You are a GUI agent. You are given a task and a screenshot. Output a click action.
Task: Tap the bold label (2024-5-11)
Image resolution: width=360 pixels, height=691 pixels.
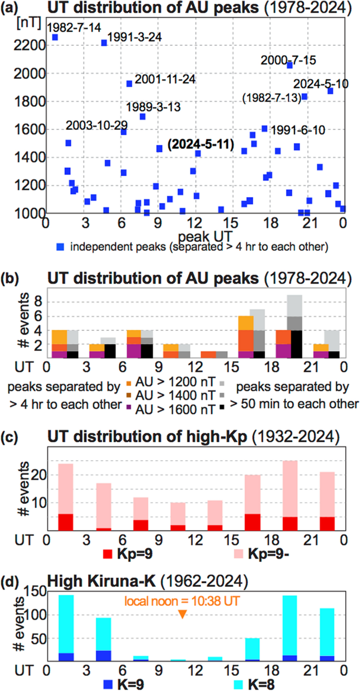[x=200, y=145]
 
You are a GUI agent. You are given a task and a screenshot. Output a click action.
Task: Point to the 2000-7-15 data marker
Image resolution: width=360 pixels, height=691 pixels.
[x=290, y=65]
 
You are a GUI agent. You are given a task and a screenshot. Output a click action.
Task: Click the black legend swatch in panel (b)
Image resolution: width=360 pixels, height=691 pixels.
[x=230, y=404]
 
